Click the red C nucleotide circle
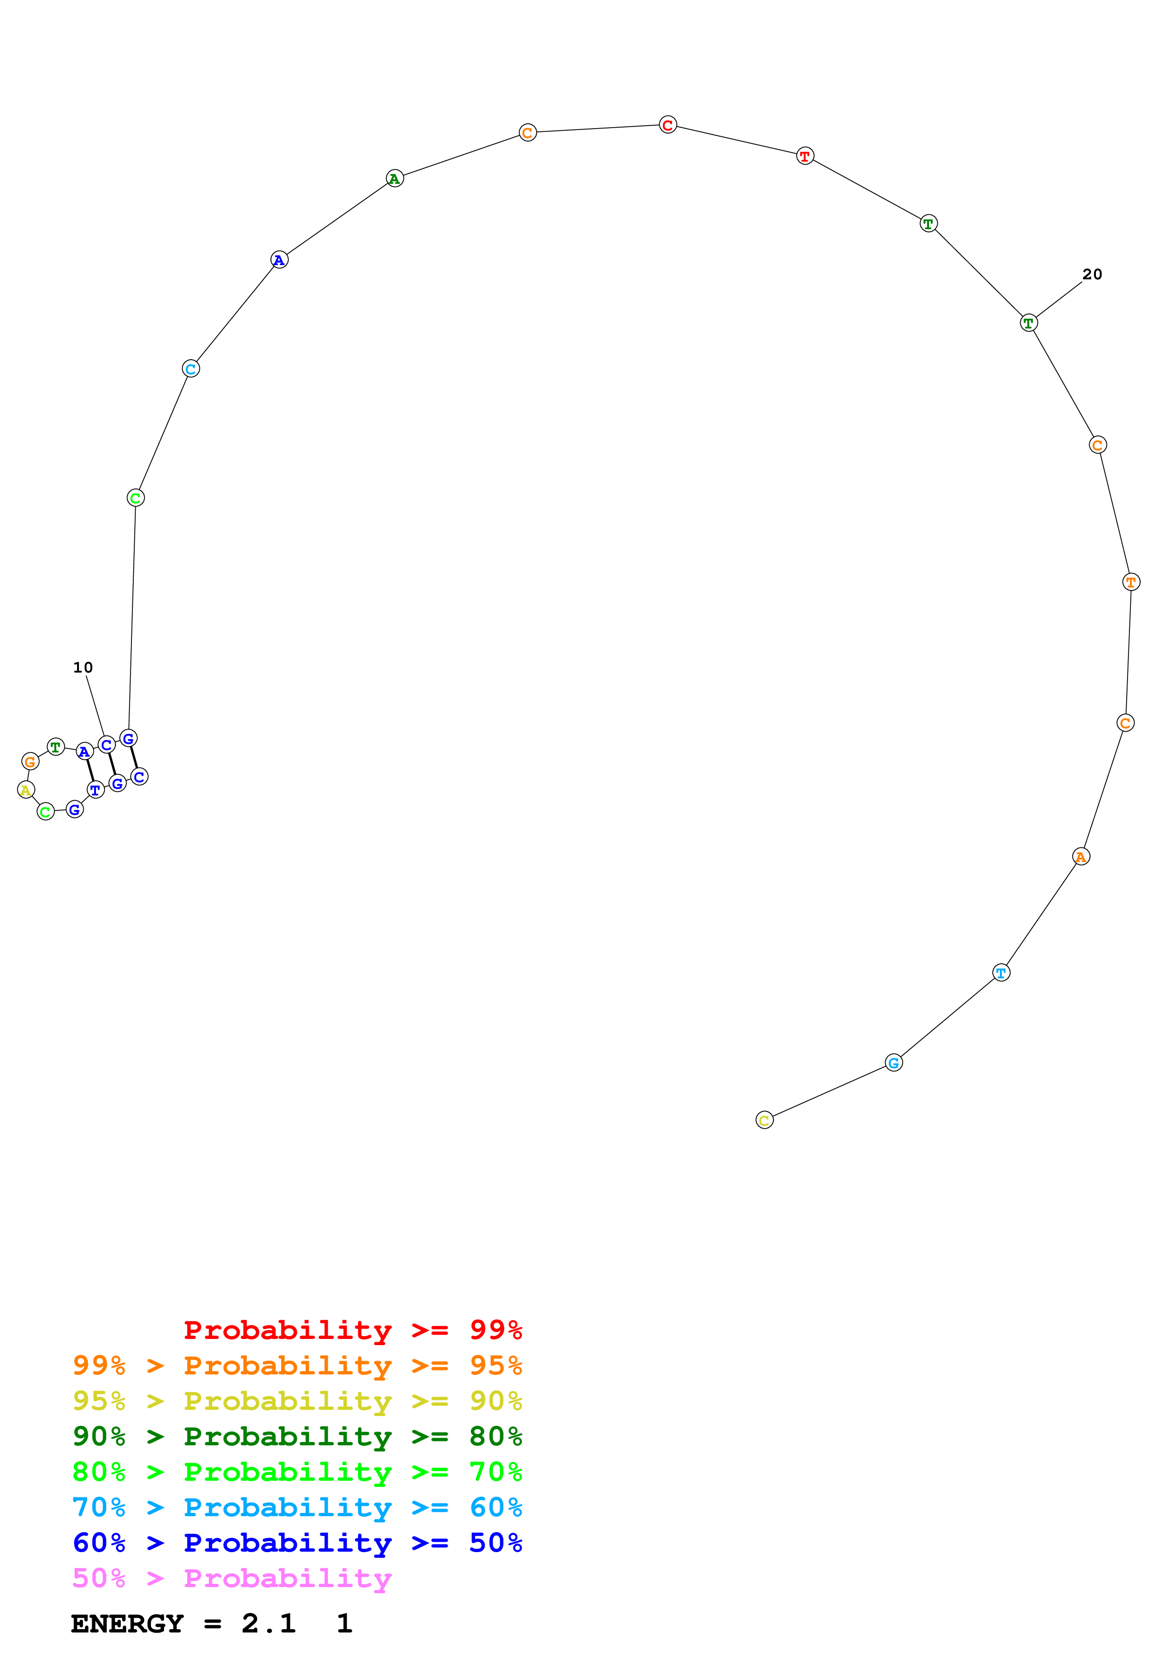click(668, 125)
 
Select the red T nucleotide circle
click(805, 156)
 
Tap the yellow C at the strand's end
click(765, 1120)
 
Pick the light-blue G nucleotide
click(894, 1062)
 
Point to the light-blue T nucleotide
click(1001, 973)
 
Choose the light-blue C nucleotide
click(191, 369)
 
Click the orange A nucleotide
click(1081, 856)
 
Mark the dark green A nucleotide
click(394, 178)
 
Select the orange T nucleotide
click(1131, 581)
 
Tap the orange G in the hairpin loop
click(30, 761)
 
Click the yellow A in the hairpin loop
click(26, 789)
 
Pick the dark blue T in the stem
click(95, 790)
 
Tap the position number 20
click(1092, 275)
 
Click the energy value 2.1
click(269, 1623)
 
